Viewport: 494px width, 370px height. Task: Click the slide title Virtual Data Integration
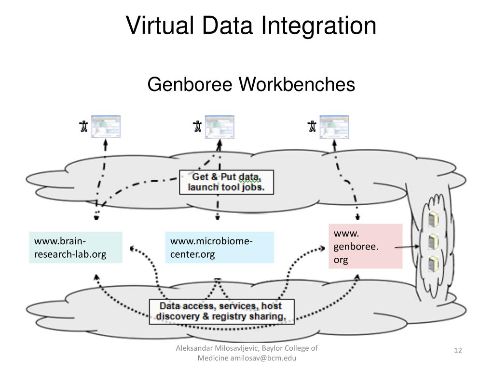click(251, 26)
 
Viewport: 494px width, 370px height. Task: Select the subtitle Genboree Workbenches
click(251, 84)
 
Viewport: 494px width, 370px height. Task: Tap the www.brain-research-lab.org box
click(75, 247)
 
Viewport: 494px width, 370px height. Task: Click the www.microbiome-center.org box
click(219, 247)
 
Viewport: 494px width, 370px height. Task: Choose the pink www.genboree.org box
click(365, 246)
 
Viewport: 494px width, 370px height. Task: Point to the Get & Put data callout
click(226, 182)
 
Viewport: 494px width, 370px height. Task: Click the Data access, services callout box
click(221, 311)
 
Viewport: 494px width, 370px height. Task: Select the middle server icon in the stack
click(433, 240)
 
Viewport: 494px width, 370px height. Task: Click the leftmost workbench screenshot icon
click(106, 127)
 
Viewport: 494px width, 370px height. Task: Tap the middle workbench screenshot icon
click(220, 127)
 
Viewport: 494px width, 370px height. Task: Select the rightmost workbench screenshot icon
click(334, 127)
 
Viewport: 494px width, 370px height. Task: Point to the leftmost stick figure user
click(83, 127)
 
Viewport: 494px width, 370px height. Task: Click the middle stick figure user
click(197, 127)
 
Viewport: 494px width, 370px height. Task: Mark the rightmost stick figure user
click(312, 127)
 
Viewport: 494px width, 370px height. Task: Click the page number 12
click(458, 350)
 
